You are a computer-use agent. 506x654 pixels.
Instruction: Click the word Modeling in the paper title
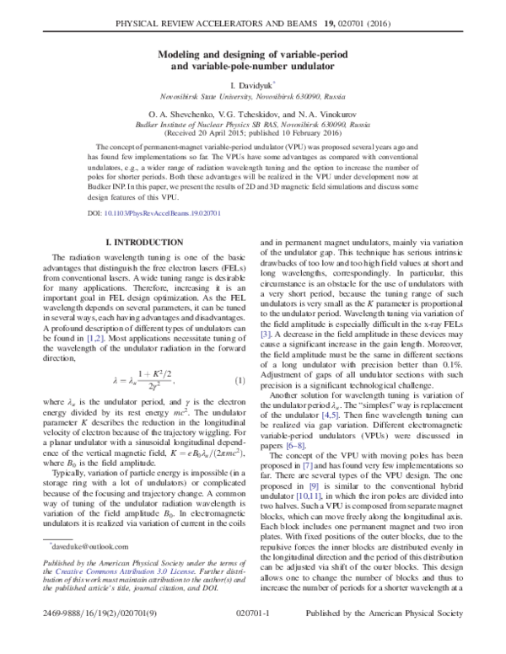pyautogui.click(x=186, y=53)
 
